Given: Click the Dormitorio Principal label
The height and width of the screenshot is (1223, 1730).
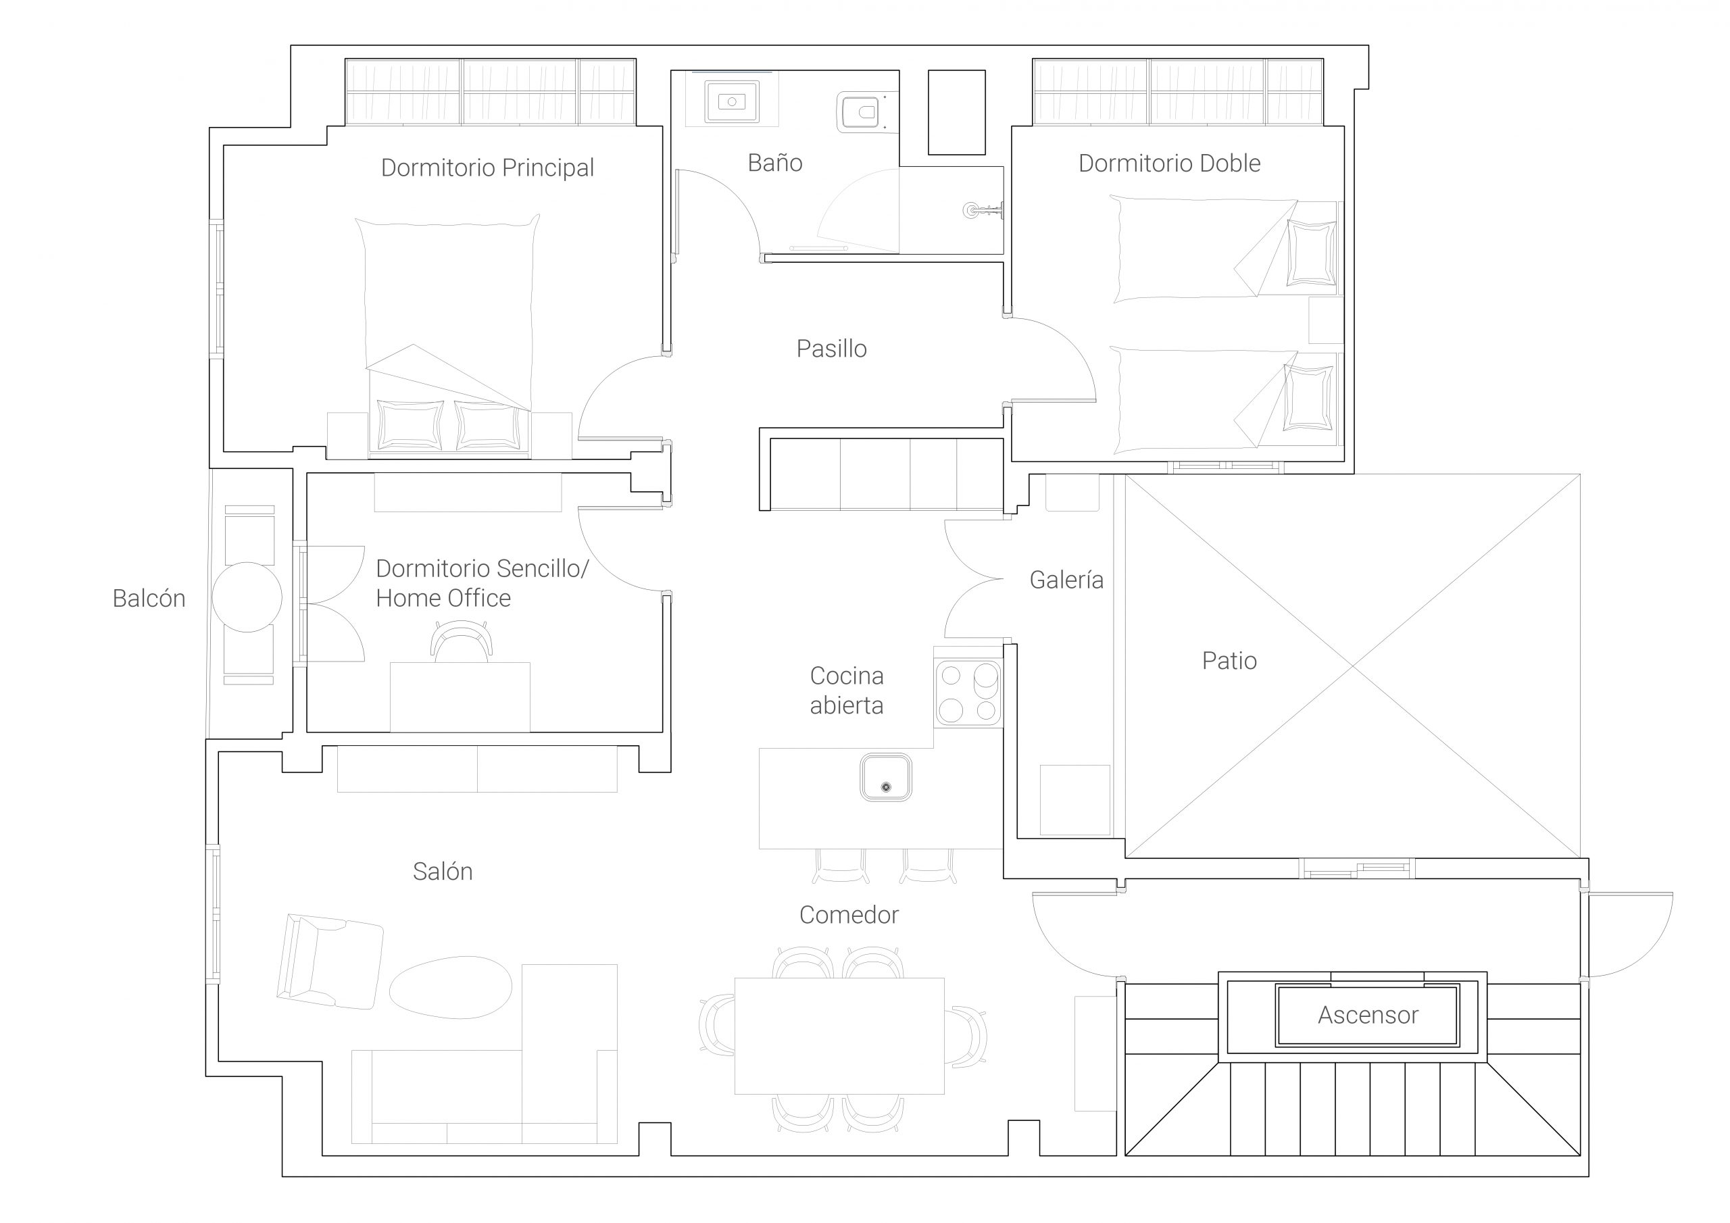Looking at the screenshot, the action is (487, 168).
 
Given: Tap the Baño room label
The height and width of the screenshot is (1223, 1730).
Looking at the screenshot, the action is (774, 162).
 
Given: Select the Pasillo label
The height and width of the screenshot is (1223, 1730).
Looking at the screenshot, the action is (831, 348).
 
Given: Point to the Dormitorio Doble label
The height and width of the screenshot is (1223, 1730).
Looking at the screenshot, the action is (1169, 163).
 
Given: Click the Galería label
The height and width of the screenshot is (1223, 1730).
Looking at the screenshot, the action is (1066, 580).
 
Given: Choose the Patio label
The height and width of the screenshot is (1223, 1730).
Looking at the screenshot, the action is (1229, 660).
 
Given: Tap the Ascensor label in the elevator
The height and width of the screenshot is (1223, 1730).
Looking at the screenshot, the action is (1368, 1015).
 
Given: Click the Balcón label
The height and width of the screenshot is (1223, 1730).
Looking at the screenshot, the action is (149, 598).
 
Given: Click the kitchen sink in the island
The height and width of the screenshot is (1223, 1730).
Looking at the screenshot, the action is (886, 778).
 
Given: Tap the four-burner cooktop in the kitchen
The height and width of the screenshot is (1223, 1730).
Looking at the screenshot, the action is (968, 692).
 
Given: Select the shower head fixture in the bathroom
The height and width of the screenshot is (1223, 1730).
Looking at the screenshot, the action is (983, 210).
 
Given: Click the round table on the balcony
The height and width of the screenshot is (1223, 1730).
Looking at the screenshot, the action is (247, 597).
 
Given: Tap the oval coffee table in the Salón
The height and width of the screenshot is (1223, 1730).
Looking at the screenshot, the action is (451, 987).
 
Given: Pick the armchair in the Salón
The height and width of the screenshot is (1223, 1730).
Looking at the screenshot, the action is (330, 962).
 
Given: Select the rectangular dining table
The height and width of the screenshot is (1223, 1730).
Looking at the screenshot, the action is (839, 1036).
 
